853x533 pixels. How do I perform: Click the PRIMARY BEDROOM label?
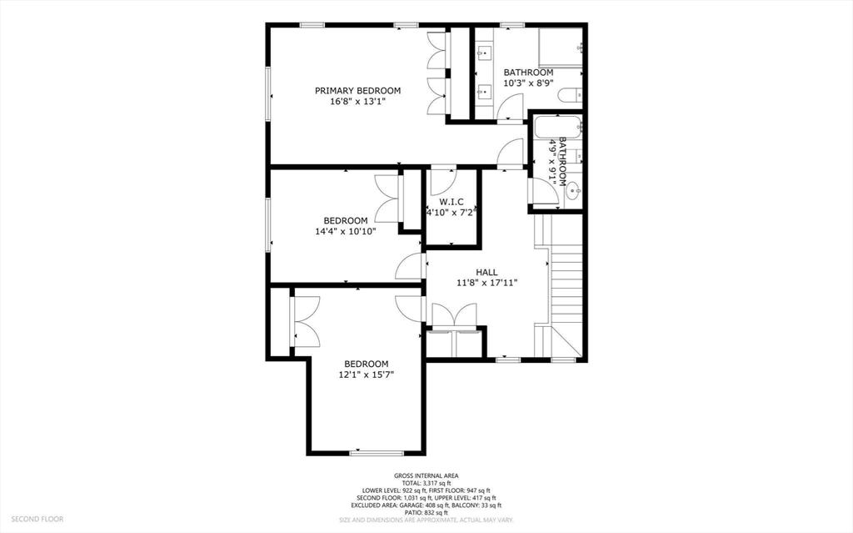coord(357,90)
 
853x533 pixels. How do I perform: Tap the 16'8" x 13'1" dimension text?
coord(357,102)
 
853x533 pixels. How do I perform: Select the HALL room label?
coord(486,272)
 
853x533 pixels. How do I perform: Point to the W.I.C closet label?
coord(451,202)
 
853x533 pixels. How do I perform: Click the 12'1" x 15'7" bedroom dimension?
coord(367,375)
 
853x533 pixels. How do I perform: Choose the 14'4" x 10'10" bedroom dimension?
coord(346,231)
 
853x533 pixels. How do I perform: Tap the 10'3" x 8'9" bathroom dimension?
coord(528,83)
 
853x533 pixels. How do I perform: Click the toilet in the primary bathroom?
coord(570,95)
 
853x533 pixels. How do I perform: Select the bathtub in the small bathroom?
coord(557,128)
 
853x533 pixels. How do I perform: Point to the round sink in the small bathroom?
coord(573,191)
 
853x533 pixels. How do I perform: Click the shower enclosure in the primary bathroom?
coord(561,47)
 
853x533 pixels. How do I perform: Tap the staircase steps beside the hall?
coord(566,286)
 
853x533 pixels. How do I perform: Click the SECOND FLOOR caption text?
coord(37,519)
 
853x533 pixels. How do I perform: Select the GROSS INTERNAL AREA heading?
coord(426,475)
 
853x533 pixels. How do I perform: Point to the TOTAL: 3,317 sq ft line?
coord(426,483)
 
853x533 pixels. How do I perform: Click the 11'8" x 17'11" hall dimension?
coord(486,282)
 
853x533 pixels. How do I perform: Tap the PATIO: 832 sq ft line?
coord(426,512)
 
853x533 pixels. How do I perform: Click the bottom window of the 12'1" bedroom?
coord(377,453)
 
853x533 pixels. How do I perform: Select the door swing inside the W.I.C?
coord(442,182)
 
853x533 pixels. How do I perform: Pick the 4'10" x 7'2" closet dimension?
coord(451,213)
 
